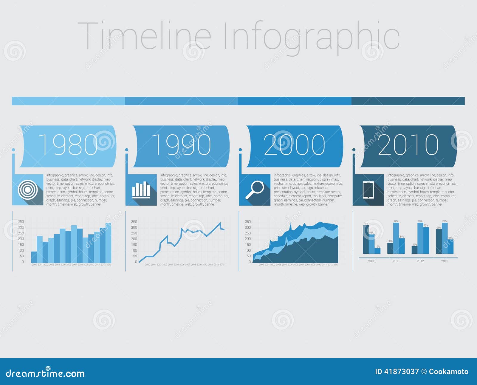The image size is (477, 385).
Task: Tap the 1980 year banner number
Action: [x=68, y=145]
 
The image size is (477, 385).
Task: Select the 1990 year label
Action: [x=181, y=145]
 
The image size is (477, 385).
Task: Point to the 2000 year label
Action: [x=295, y=145]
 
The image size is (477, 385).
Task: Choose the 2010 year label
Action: [x=408, y=145]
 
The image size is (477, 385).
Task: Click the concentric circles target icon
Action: [x=27, y=189]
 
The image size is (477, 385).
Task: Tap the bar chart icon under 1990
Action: [x=141, y=190]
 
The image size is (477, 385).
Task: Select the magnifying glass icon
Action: [x=255, y=190]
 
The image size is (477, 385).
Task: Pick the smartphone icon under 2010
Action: [x=368, y=190]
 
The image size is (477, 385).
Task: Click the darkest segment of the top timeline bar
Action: [x=408, y=101]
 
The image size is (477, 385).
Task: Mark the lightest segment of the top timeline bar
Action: [x=68, y=101]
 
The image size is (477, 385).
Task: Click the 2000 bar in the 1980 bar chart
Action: [x=34, y=257]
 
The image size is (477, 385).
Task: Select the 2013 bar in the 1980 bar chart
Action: [x=109, y=243]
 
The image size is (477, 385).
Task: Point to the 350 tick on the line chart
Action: [x=134, y=222]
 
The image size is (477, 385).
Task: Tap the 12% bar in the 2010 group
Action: [x=377, y=251]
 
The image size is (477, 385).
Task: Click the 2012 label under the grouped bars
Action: [x=420, y=261]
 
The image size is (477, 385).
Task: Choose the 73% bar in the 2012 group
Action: [x=426, y=241]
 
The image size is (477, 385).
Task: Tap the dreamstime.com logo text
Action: [x=45, y=373]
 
